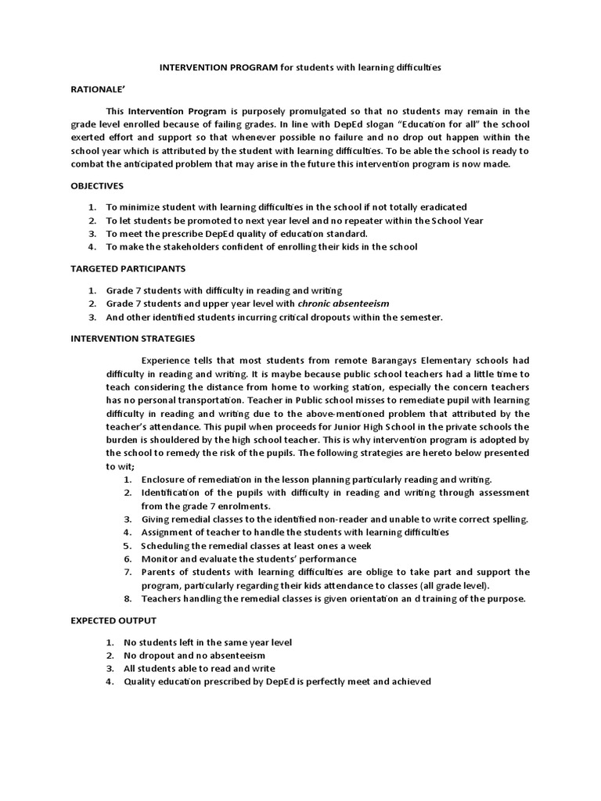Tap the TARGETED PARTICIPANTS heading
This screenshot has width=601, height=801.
pos(128,268)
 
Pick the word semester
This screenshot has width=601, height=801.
pos(419,318)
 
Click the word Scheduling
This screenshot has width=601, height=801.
pos(167,546)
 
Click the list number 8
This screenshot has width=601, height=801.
pos(128,599)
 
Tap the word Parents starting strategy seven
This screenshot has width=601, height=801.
pos(159,573)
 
